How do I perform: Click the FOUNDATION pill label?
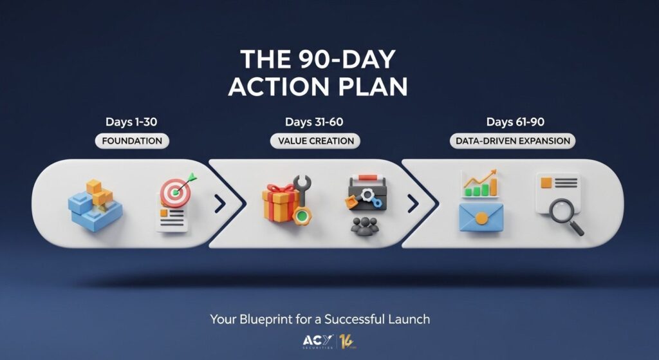click(132, 141)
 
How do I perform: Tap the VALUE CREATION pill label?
click(315, 141)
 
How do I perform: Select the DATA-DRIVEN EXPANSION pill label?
click(513, 141)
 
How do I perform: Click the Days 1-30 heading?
click(131, 122)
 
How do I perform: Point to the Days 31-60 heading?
click(314, 122)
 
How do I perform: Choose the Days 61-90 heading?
click(515, 122)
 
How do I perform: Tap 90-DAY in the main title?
click(348, 59)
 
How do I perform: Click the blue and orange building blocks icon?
click(95, 205)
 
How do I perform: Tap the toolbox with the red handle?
click(367, 193)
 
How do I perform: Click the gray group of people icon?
click(365, 226)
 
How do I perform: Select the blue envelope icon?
click(481, 216)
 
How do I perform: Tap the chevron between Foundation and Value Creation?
click(220, 204)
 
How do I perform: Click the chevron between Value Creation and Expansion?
click(413, 204)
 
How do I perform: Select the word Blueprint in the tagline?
click(266, 319)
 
